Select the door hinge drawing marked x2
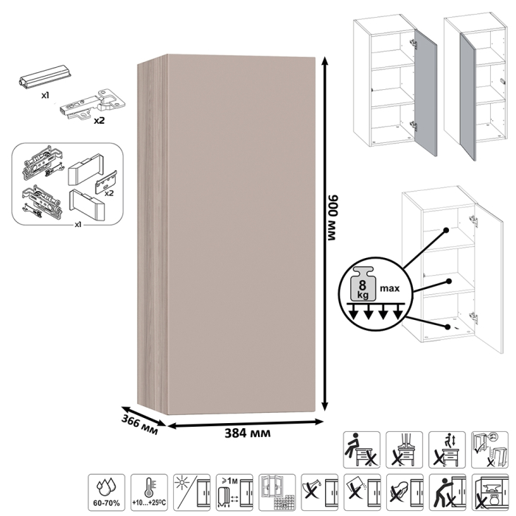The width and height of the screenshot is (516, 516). [x=86, y=106]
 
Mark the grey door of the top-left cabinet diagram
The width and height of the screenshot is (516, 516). [x=427, y=92]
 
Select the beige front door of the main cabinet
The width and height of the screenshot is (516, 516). [x=243, y=236]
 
